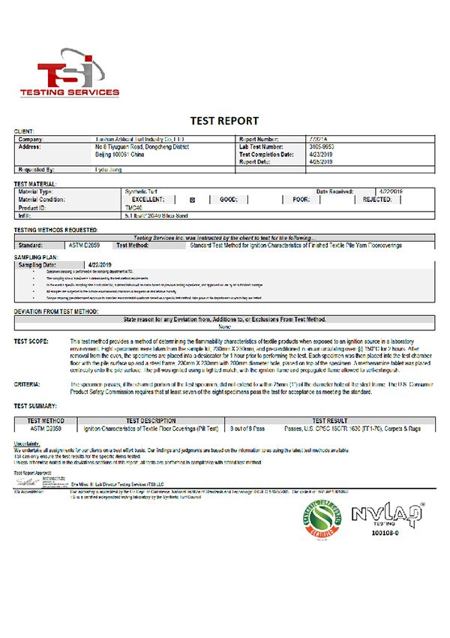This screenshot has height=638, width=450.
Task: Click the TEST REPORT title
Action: click(x=224, y=121)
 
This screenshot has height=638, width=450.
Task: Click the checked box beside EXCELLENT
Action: click(x=192, y=200)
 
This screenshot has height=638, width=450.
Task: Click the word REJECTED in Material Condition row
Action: click(x=377, y=200)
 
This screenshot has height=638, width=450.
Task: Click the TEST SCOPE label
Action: click(x=33, y=342)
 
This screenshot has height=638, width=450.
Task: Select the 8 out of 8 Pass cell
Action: click(x=248, y=429)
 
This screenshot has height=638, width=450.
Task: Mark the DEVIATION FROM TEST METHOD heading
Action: click(x=56, y=311)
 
